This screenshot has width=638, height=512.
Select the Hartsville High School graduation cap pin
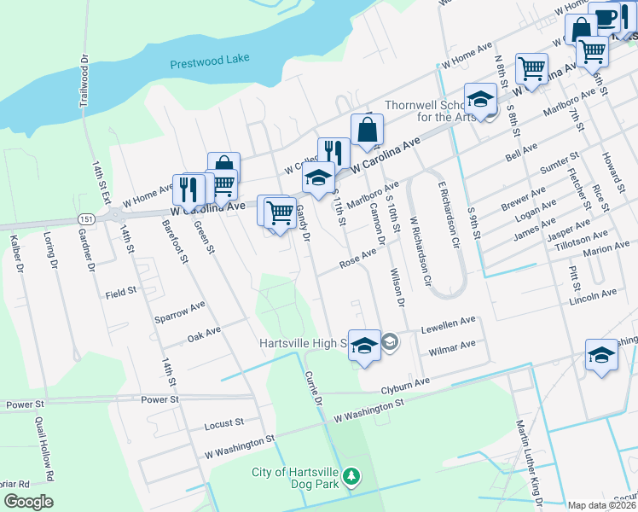364,345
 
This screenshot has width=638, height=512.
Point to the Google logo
29,502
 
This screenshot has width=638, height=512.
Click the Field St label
121,294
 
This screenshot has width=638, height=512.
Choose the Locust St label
224,422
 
